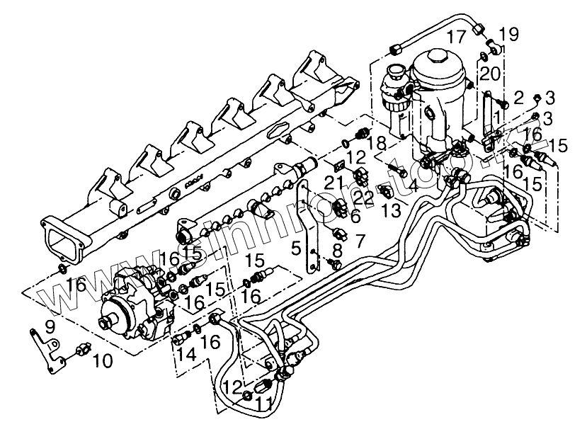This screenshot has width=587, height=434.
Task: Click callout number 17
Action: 457,36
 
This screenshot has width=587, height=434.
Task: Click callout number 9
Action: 50,327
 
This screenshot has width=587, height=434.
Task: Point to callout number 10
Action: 102,362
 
